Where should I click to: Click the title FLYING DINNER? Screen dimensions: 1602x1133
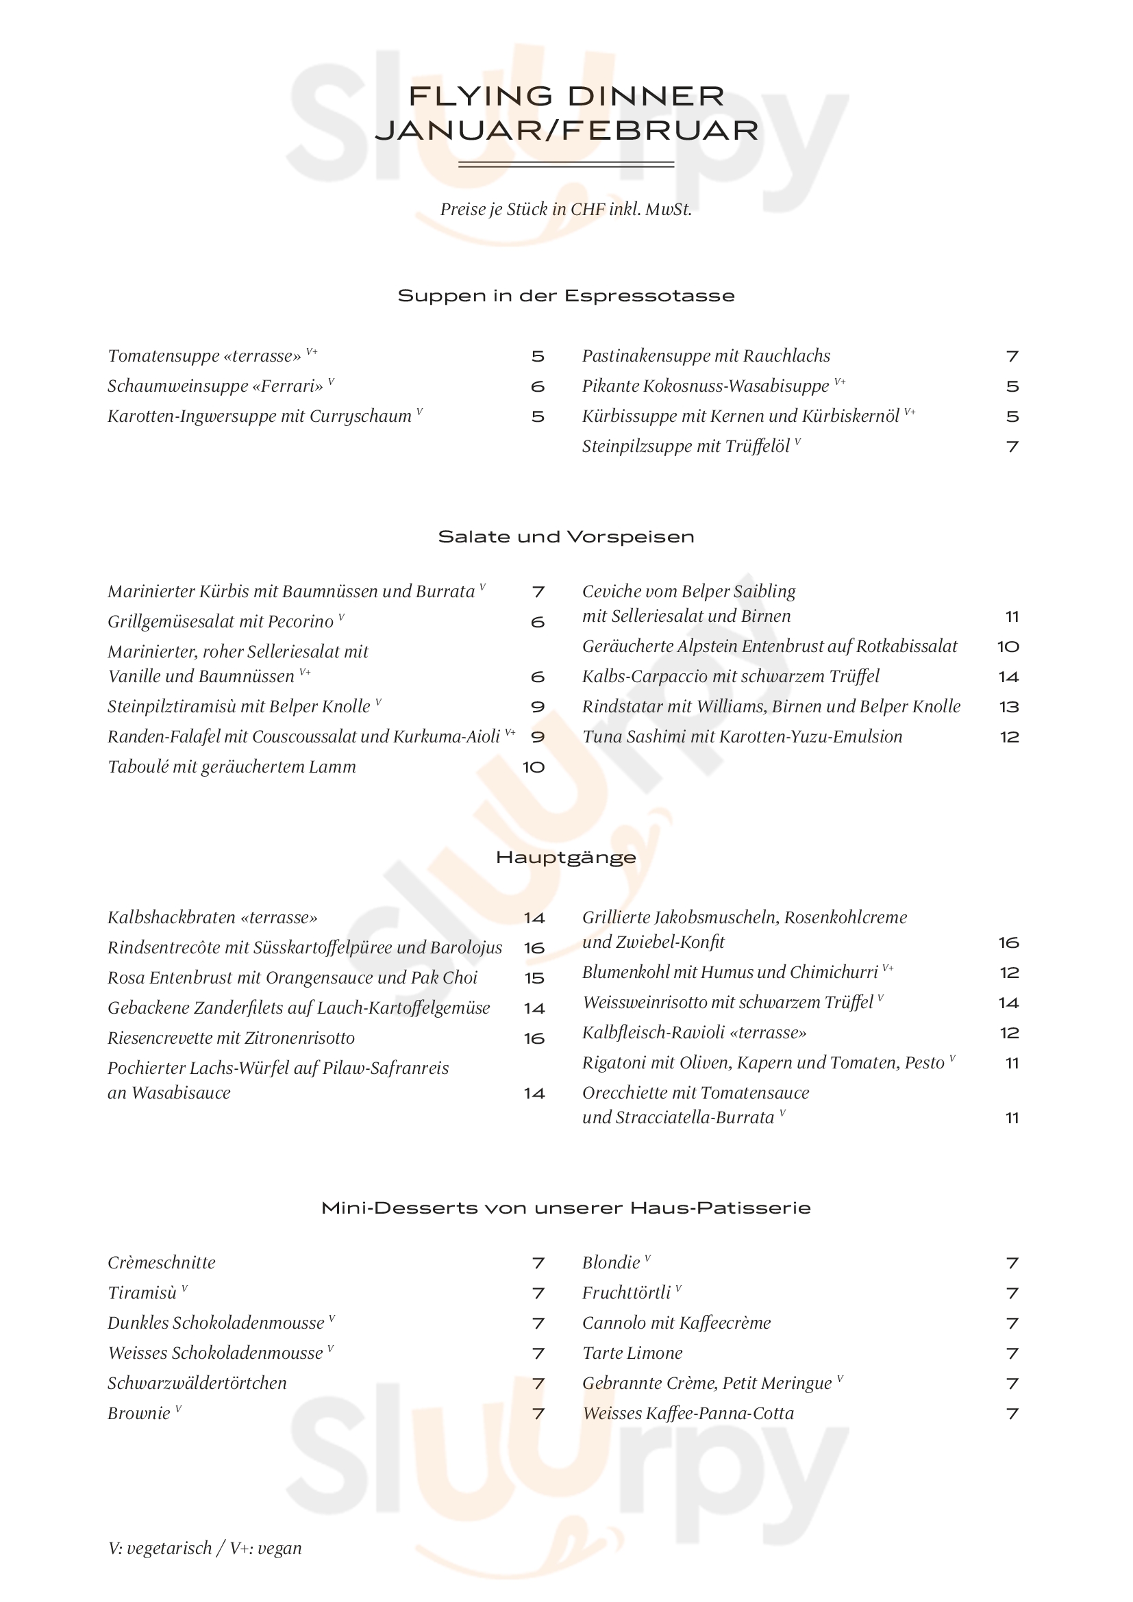566,97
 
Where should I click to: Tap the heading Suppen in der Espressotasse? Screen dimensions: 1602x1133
566,296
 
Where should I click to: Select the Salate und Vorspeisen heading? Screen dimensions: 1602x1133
566,536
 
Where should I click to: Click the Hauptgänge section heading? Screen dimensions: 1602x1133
566,858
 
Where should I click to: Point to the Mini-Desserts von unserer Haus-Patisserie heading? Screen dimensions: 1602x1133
566,1207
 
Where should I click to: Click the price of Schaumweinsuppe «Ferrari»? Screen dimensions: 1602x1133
537,386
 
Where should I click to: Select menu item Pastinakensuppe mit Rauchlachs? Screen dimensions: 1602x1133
706,357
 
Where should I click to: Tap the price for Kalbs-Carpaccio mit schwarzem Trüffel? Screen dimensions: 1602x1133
1008,677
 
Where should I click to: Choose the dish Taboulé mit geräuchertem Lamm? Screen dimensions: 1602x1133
232,767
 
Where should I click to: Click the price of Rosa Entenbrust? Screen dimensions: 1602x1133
534,978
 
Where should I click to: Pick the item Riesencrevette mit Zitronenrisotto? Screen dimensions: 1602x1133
231,1038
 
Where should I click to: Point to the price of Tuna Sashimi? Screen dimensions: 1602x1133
1009,737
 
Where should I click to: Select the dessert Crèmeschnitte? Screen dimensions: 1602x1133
161,1263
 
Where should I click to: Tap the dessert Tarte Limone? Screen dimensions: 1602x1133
632,1353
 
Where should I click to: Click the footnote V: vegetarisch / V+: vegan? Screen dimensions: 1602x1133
205,1549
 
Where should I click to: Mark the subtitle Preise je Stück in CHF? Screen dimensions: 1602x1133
566,210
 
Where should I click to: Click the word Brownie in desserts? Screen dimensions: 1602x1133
139,1414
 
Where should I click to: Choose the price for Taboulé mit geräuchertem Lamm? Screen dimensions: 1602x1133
534,768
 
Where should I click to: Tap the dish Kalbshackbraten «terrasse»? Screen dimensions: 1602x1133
212,918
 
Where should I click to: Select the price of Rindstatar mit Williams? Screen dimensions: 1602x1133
1009,707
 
